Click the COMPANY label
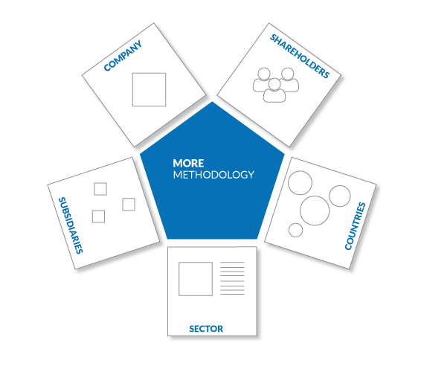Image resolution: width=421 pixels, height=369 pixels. (123, 56)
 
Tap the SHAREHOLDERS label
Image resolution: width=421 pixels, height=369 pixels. (300, 56)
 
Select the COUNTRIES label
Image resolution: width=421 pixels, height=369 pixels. (355, 226)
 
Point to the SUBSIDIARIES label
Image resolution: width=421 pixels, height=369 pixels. (71, 225)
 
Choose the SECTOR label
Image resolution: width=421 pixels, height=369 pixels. (206, 329)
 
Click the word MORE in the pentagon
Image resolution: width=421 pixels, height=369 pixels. (188, 163)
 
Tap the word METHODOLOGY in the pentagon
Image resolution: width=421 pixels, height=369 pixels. (213, 175)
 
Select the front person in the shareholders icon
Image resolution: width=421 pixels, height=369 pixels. (274, 91)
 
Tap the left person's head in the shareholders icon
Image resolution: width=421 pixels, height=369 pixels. (264, 74)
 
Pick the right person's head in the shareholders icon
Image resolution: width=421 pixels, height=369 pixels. (288, 74)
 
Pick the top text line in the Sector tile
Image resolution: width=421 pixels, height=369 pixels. (232, 262)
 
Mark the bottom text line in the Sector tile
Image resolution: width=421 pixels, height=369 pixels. (232, 295)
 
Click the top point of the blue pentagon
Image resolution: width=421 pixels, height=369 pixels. (212, 102)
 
